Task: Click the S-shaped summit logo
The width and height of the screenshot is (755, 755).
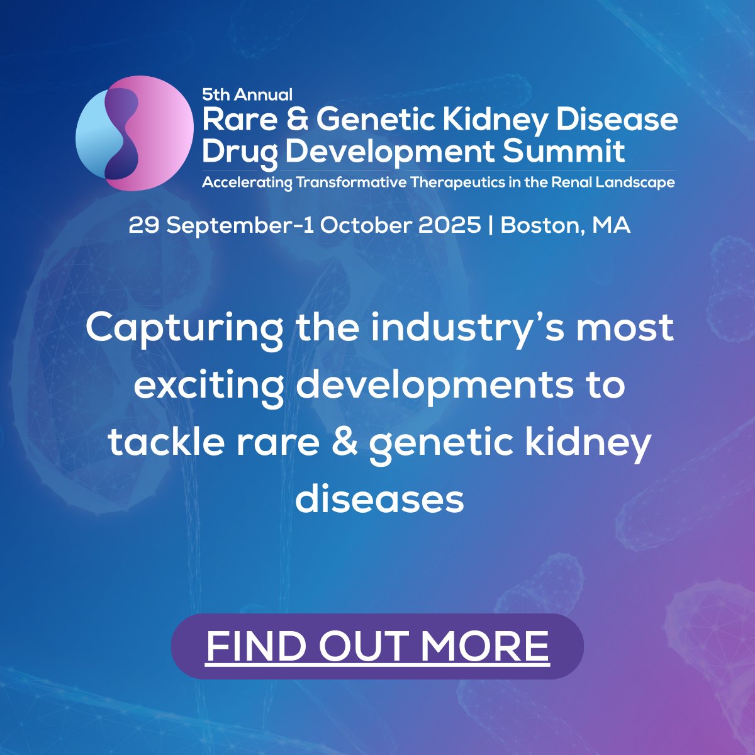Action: [134, 133]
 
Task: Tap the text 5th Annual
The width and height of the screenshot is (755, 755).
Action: [247, 95]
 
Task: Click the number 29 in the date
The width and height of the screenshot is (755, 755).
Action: [143, 225]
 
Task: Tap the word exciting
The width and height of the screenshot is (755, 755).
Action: [208, 385]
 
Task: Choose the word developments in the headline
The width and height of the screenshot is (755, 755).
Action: [435, 385]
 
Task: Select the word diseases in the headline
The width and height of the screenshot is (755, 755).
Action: [379, 499]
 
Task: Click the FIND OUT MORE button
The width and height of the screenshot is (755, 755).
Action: [377, 646]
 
